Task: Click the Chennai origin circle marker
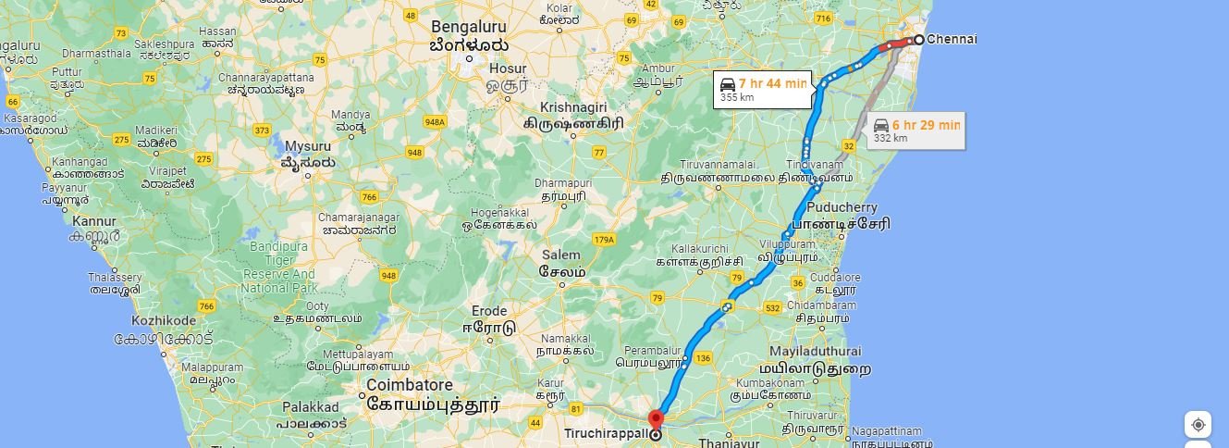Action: tap(919, 40)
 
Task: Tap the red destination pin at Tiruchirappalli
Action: tap(657, 419)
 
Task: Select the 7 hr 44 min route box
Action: tap(763, 89)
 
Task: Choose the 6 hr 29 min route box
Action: tap(916, 131)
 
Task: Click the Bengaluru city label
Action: tap(468, 26)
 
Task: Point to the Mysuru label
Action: tap(307, 146)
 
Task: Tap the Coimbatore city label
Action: tap(410, 385)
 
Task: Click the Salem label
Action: tap(561, 255)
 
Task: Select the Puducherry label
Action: tap(842, 207)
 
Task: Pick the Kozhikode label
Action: tap(164, 319)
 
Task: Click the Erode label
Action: tap(489, 311)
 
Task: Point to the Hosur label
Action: tap(508, 68)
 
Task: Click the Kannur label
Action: tap(94, 221)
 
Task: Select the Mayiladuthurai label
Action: tap(816, 352)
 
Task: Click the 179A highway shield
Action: tap(604, 239)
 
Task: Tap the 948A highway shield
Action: tap(435, 121)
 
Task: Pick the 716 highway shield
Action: tap(823, 19)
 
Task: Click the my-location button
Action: tap(1198, 425)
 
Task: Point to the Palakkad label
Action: tap(311, 406)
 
